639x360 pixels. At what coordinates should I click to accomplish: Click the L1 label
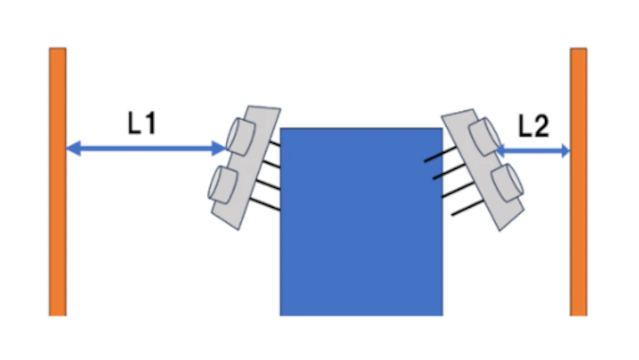click(x=142, y=123)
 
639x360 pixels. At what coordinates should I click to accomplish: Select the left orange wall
click(x=58, y=182)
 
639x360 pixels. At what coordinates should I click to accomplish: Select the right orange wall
click(x=578, y=182)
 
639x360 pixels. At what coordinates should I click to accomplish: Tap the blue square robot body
click(x=362, y=222)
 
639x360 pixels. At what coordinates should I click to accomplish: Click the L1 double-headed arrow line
click(x=146, y=148)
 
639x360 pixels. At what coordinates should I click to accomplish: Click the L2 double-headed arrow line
click(x=533, y=150)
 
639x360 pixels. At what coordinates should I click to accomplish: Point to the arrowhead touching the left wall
click(x=73, y=148)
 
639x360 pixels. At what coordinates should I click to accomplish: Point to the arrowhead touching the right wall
click(x=566, y=150)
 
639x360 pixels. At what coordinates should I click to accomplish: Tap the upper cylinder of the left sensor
click(x=240, y=137)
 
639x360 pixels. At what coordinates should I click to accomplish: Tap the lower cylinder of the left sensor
click(x=222, y=185)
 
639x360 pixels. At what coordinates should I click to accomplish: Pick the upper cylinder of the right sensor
click(x=485, y=137)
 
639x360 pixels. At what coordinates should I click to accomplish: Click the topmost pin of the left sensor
click(x=275, y=143)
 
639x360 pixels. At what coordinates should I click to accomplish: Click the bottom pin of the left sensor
click(x=265, y=204)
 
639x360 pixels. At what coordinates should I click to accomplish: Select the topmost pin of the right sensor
click(x=440, y=155)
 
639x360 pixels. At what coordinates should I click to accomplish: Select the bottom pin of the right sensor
click(x=468, y=208)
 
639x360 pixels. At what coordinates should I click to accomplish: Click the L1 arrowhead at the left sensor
click(x=219, y=148)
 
